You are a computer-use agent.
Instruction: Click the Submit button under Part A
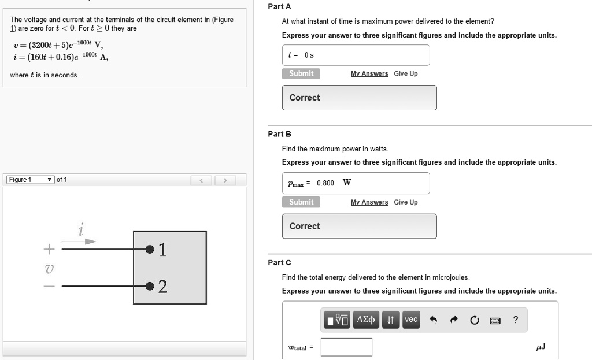(301, 73)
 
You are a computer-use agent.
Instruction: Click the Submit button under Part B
(301, 202)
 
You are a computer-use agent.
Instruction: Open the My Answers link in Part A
(369, 74)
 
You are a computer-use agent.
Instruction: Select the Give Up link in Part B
(405, 202)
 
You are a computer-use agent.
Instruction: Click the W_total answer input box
(346, 347)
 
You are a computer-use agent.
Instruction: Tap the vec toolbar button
(411, 320)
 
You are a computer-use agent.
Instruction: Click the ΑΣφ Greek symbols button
(366, 320)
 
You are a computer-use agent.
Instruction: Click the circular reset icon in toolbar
(475, 320)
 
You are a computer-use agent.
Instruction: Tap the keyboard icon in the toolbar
(495, 320)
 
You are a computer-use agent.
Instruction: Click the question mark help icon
(516, 320)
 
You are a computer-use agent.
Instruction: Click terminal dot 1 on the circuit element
(150, 250)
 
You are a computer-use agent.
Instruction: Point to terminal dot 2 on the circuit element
(150, 286)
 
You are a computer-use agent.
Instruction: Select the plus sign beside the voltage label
(49, 250)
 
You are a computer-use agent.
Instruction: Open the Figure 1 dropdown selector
(31, 180)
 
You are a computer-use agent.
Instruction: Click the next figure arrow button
(225, 180)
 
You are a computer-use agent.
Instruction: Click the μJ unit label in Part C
(541, 347)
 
